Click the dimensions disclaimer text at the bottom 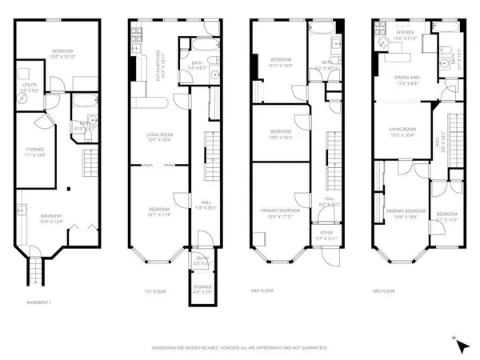coord(241,348)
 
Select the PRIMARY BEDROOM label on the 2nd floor coord(279,213)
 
